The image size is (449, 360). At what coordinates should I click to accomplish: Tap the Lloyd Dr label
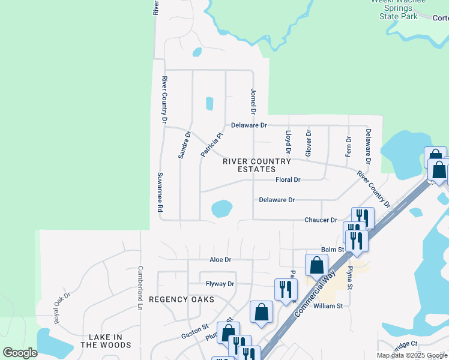(288, 140)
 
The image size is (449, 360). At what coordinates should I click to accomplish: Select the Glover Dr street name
(309, 143)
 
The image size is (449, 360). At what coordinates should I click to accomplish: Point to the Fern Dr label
(349, 146)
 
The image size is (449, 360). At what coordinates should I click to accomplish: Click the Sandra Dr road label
(184, 145)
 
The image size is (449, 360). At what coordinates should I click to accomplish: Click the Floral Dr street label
(288, 179)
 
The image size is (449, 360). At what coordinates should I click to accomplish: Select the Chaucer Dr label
(321, 220)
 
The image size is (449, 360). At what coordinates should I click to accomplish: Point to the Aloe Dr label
(220, 260)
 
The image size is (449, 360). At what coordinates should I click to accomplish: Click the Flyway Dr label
(220, 284)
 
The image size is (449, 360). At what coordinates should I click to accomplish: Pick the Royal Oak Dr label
(62, 307)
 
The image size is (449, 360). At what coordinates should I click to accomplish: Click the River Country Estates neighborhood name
(256, 166)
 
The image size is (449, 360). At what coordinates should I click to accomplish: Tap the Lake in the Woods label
(106, 341)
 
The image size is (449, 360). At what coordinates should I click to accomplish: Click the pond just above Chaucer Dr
(221, 209)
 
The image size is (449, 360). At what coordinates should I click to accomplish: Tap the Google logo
(20, 352)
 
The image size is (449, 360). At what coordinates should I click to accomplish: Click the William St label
(328, 306)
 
